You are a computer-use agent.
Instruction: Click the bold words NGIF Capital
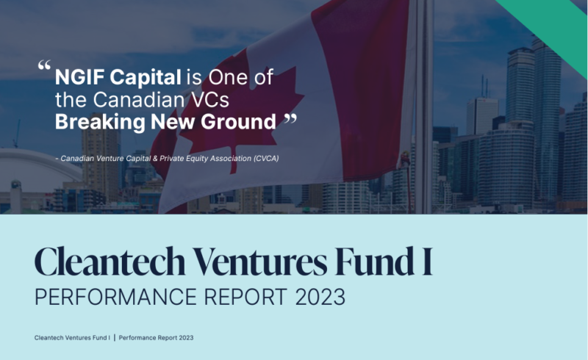point(118,78)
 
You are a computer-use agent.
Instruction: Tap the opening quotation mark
point(44,65)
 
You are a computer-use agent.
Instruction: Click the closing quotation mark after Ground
point(290,120)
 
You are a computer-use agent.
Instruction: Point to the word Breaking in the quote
point(100,122)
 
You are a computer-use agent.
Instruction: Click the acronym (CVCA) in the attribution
point(266,159)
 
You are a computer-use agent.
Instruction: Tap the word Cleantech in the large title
point(110,262)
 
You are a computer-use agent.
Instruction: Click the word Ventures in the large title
point(260,262)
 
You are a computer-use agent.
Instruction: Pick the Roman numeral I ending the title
point(428,262)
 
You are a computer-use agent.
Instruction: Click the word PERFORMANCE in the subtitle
point(115,297)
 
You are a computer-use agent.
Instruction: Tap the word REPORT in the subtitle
point(246,297)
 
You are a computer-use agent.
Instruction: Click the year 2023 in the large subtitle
point(320,297)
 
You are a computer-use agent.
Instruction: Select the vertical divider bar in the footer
point(115,337)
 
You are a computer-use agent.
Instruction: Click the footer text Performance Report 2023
point(156,338)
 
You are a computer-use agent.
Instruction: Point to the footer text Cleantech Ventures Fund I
point(72,338)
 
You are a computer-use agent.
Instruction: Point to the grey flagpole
point(424,107)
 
